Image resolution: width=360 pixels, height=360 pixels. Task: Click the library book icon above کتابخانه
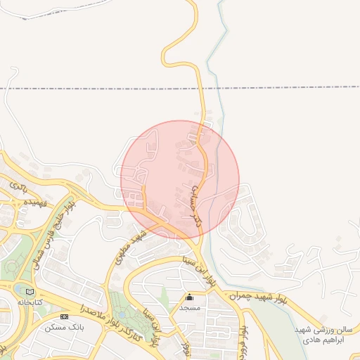29,292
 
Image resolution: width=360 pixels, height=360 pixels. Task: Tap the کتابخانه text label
30,302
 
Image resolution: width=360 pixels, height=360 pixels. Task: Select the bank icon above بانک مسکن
65,316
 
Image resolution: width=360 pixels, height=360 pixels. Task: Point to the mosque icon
189,297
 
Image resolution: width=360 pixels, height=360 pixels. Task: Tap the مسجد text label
189,307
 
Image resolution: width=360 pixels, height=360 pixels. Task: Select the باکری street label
19,187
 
